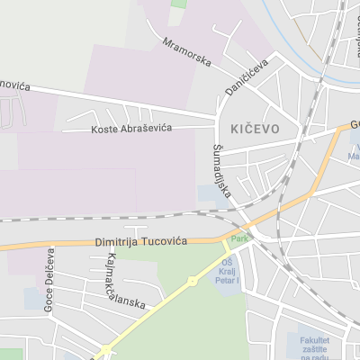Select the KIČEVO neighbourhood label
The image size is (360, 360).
pyautogui.click(x=255, y=129)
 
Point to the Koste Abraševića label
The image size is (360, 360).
pyautogui.click(x=131, y=130)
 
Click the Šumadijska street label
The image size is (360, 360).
pyautogui.click(x=222, y=171)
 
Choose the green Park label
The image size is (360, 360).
pyautogui.click(x=238, y=238)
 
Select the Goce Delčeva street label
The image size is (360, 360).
pyautogui.click(x=49, y=279)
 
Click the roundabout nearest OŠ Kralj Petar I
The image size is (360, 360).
pyautogui.click(x=192, y=282)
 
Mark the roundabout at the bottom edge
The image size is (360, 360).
pyautogui.click(x=106, y=351)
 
